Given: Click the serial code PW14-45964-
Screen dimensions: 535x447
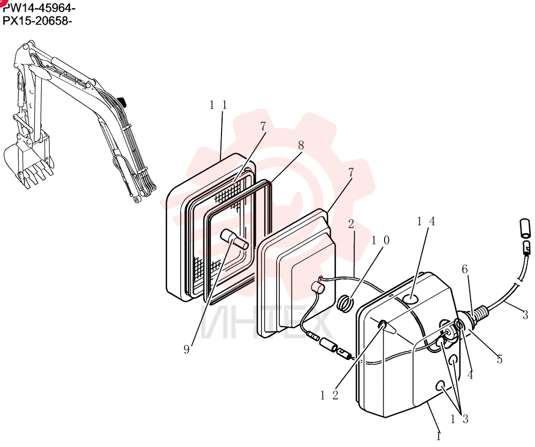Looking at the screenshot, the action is [x=39, y=7].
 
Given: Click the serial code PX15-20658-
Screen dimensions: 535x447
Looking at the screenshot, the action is [x=37, y=21].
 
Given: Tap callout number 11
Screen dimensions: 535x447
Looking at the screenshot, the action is [x=218, y=105].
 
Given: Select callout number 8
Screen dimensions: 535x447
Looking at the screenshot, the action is [x=301, y=145].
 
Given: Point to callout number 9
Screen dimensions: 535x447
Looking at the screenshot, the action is [x=186, y=350].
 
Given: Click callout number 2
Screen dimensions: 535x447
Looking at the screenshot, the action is [x=351, y=224].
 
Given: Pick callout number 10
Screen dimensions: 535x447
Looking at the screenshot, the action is [x=380, y=241].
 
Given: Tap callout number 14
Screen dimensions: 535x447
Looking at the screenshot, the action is [x=426, y=221].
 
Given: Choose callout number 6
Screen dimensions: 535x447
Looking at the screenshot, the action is [x=465, y=269].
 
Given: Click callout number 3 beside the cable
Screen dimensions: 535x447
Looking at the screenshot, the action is [x=525, y=314].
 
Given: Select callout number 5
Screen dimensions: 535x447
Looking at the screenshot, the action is [x=500, y=359].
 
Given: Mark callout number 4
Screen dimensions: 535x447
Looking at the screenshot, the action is [x=470, y=375].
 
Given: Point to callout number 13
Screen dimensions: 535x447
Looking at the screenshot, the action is [x=459, y=419].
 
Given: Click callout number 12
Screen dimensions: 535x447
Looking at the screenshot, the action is [x=330, y=395].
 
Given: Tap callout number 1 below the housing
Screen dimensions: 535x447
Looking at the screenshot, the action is [x=439, y=436].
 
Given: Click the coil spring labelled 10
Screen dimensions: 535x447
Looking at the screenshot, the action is [x=345, y=303].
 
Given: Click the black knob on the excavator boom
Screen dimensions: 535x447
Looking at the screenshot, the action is [x=121, y=102].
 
